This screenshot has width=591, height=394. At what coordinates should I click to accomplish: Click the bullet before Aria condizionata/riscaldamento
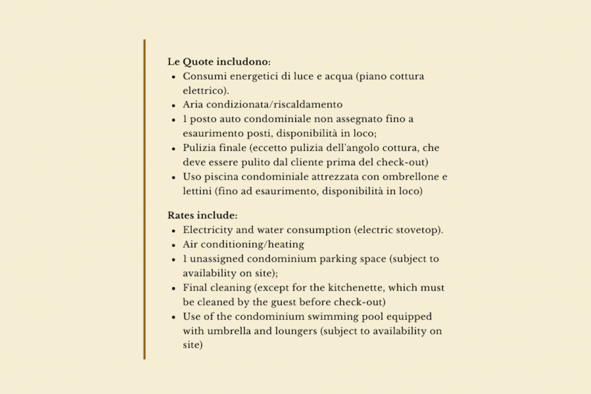point(174,105)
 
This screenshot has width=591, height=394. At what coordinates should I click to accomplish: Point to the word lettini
point(197,191)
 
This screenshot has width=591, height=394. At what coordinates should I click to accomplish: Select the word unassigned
point(217,259)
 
